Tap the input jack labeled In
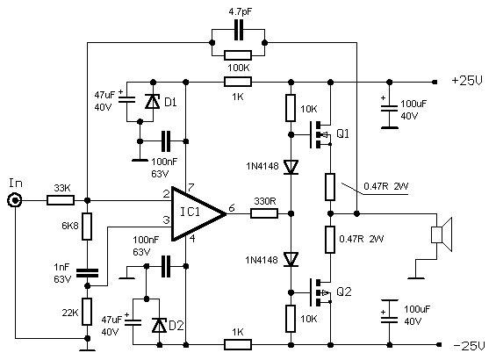click(x=15, y=200)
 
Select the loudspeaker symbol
click(x=442, y=234)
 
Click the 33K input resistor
click(x=61, y=200)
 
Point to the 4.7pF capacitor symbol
click(x=239, y=30)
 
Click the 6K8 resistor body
click(x=87, y=227)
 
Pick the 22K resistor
click(x=87, y=312)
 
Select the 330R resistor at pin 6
click(x=264, y=213)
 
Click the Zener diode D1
click(x=153, y=101)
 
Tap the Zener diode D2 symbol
click(x=159, y=325)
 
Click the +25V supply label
click(x=467, y=81)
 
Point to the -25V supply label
click(x=469, y=345)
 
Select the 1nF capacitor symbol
click(x=87, y=273)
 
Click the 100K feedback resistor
click(x=238, y=55)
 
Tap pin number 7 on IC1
click(x=190, y=188)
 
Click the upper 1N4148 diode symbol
click(x=291, y=167)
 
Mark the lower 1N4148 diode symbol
click(x=291, y=259)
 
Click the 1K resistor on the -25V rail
click(x=238, y=344)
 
